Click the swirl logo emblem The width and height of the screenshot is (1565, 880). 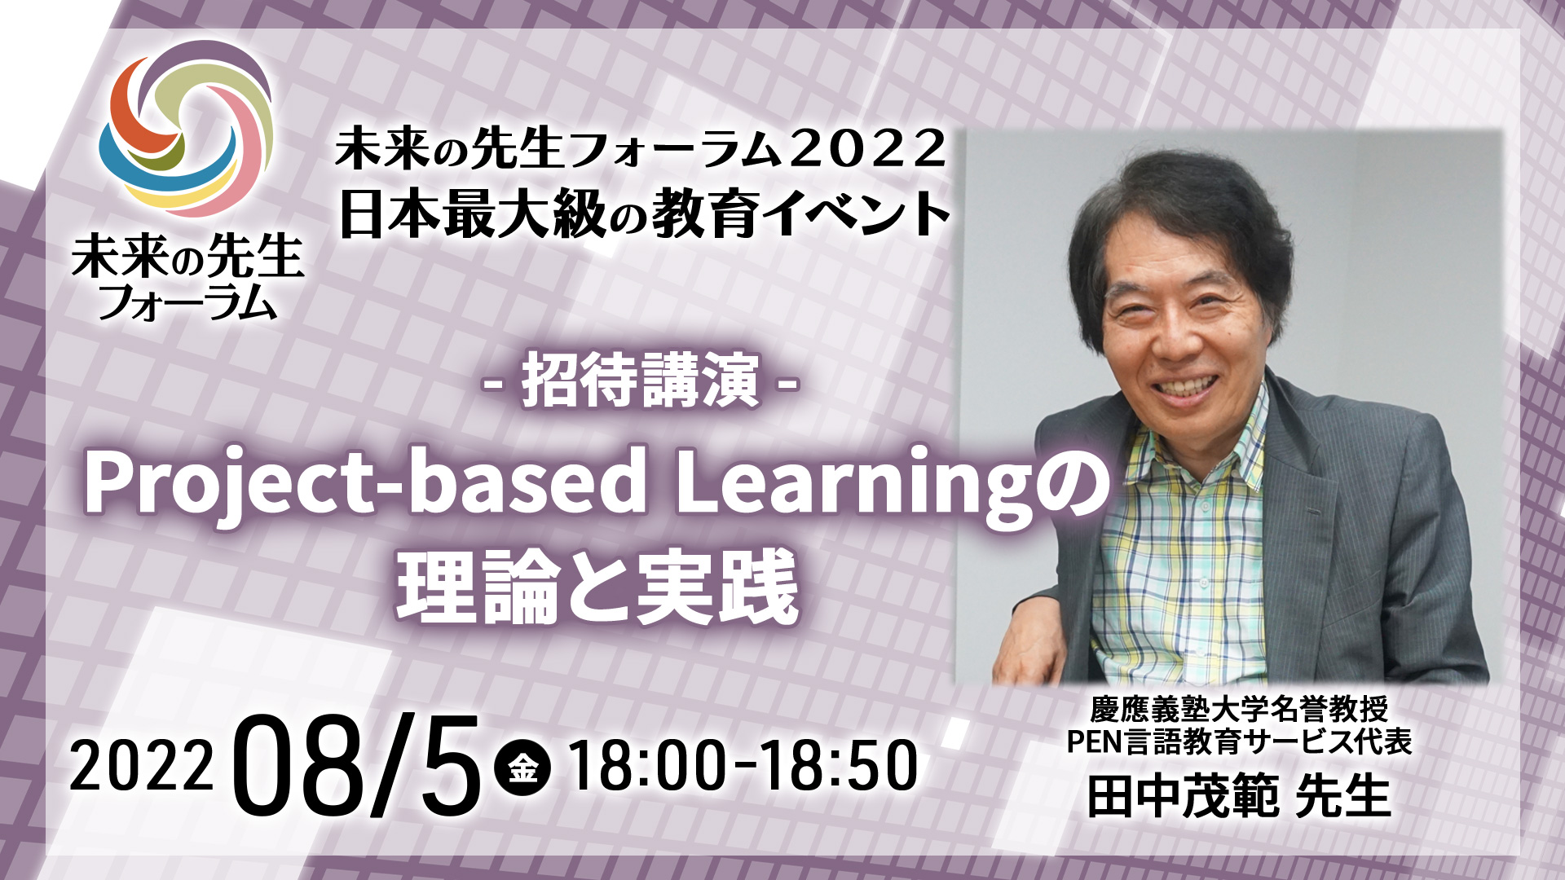(x=186, y=130)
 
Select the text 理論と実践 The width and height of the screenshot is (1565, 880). (x=597, y=587)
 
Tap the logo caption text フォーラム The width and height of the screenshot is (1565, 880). (x=187, y=301)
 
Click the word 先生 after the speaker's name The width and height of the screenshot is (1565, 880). (x=1342, y=796)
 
